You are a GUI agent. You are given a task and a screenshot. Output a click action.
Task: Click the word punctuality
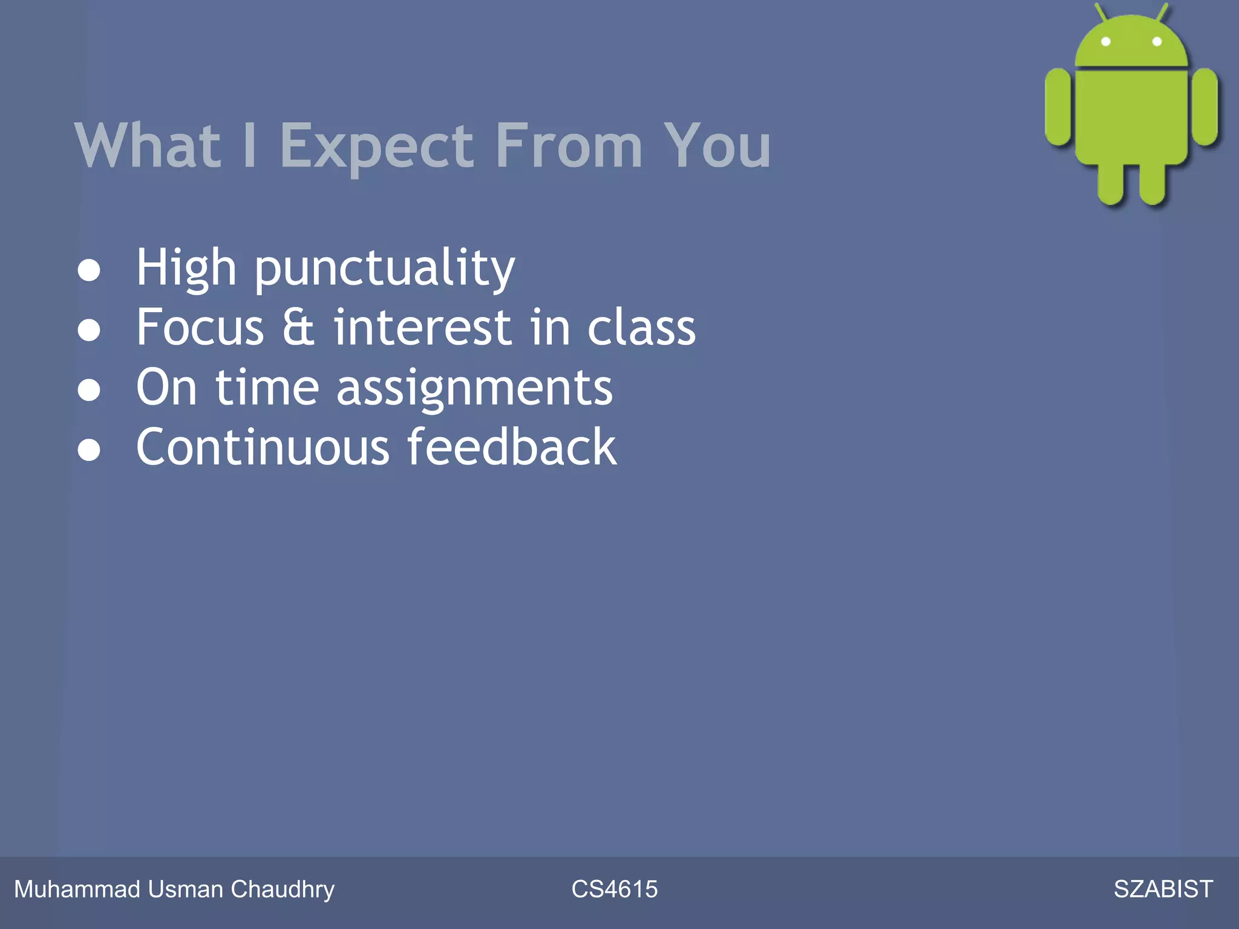(x=385, y=269)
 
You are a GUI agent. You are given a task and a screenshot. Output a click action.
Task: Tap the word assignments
(x=474, y=388)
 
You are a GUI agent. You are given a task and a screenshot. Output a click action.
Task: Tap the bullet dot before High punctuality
(x=89, y=270)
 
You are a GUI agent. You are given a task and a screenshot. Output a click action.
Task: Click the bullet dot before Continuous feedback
(x=89, y=450)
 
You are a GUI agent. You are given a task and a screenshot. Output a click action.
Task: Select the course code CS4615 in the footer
(x=614, y=889)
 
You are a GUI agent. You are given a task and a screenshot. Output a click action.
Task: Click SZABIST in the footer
(x=1163, y=889)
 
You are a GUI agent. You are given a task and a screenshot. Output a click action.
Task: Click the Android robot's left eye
(x=1106, y=42)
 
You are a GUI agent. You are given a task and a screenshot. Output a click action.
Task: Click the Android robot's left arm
(x=1058, y=107)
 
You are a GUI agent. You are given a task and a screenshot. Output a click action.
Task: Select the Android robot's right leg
(x=1153, y=184)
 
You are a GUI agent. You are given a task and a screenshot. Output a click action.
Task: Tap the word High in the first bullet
(x=186, y=269)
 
